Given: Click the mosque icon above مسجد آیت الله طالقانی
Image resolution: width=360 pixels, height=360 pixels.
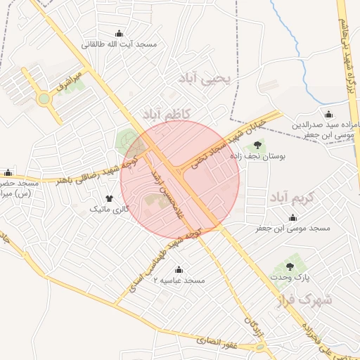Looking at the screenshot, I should click(118, 33).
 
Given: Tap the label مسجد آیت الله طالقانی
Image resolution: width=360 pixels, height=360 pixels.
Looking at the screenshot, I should click(119, 44).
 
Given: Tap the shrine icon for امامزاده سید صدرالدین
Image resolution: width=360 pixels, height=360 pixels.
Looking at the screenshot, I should click(328, 115).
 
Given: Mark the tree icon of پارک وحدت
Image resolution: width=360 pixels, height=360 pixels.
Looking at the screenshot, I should click(289, 266).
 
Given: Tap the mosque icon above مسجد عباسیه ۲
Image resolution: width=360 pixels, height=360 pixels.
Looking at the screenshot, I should click(179, 269).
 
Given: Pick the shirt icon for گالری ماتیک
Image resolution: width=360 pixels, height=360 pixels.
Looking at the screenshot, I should click(108, 199).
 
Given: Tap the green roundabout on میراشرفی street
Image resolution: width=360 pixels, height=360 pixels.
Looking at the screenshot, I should click(44, 99).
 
